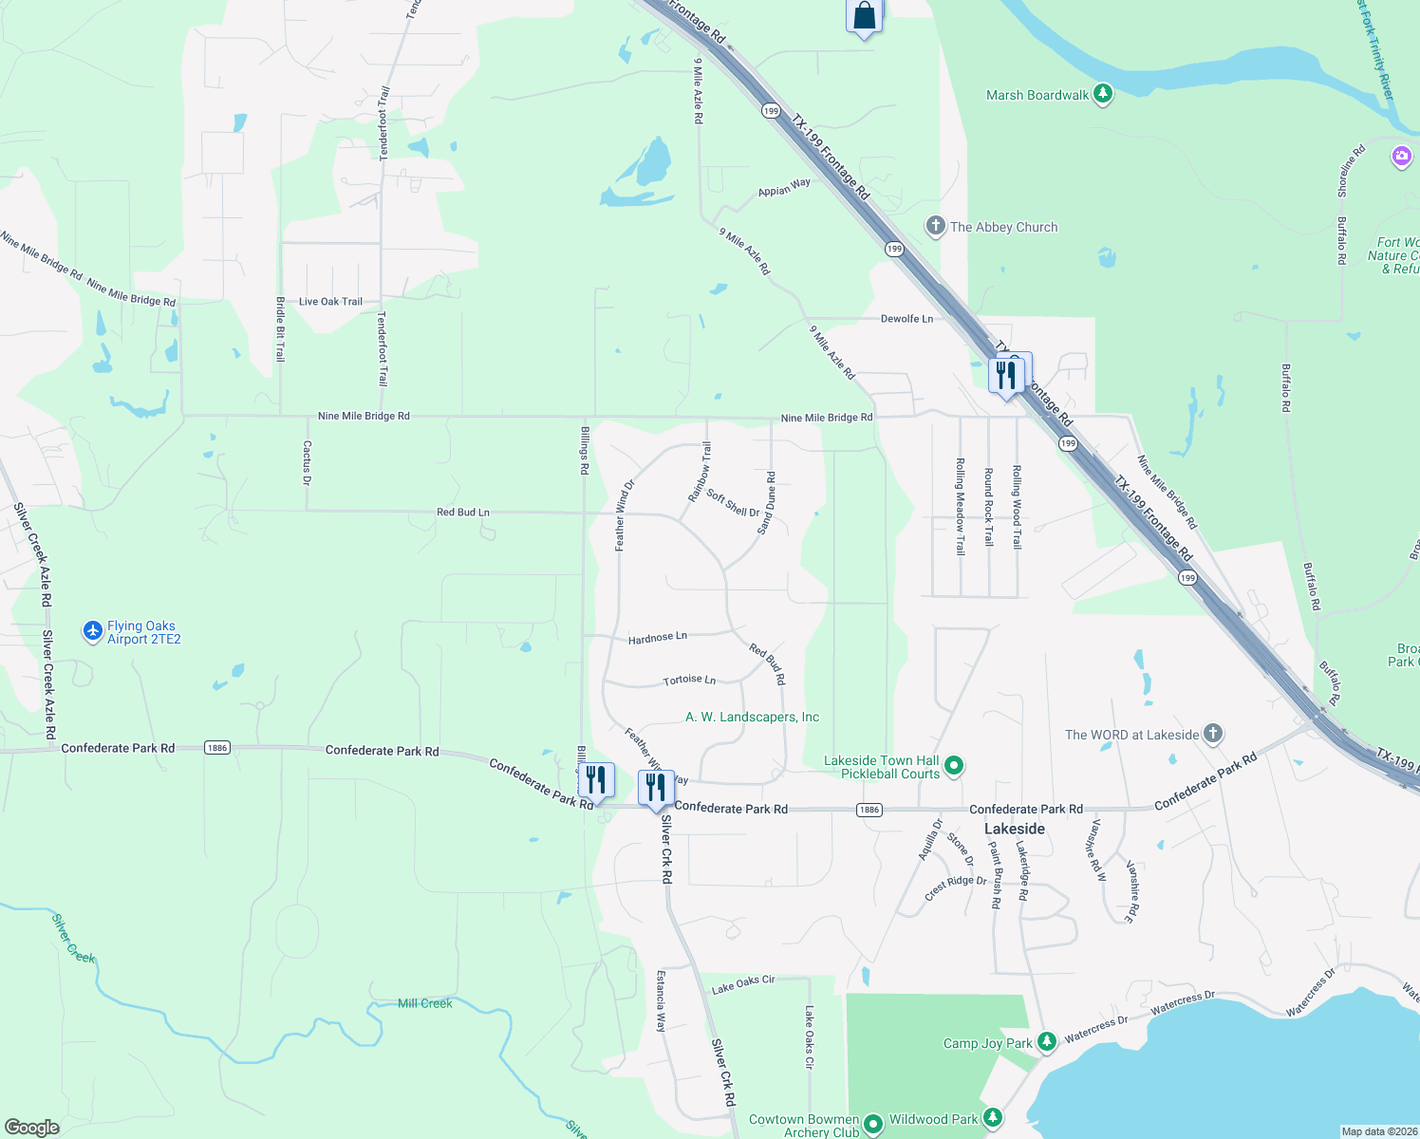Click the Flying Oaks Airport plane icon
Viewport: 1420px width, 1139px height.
click(92, 631)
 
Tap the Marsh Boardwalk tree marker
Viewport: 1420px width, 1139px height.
click(1102, 94)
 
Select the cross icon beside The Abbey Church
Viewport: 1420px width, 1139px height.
click(935, 226)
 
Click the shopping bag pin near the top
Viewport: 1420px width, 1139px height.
click(864, 16)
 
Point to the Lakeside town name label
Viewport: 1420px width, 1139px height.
click(1014, 829)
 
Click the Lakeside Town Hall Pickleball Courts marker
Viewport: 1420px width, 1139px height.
click(955, 765)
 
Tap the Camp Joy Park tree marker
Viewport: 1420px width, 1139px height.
click(1046, 1042)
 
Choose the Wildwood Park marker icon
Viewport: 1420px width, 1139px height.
click(992, 1117)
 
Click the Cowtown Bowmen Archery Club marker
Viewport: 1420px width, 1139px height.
click(873, 1125)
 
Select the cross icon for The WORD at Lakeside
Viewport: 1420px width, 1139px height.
click(1212, 734)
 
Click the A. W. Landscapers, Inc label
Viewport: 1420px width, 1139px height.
click(752, 717)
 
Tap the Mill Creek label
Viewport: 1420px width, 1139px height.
click(424, 1003)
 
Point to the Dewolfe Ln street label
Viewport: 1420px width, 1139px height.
click(906, 319)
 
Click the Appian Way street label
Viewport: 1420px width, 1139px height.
click(784, 188)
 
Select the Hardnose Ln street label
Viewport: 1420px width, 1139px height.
click(657, 638)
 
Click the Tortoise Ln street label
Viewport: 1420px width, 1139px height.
click(689, 680)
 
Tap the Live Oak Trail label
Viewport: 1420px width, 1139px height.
click(330, 302)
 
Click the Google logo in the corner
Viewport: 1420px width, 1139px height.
click(31, 1127)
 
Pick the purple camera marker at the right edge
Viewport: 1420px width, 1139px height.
click(1402, 157)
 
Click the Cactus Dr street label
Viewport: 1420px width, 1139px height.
click(307, 462)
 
